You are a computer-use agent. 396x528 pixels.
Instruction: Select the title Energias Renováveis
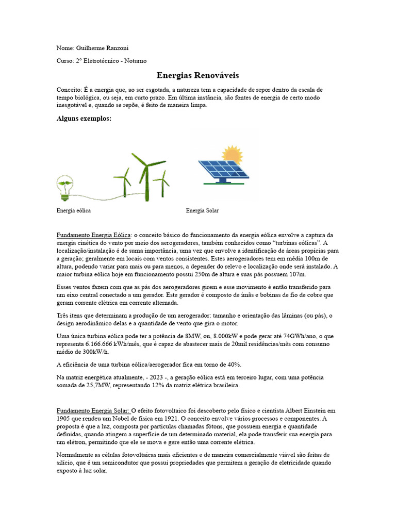[x=197, y=75]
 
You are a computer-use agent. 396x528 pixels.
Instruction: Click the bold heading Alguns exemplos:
[x=84, y=119]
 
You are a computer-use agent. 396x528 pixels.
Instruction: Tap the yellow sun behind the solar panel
[x=232, y=154]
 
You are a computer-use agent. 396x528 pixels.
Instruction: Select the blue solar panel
[x=223, y=169]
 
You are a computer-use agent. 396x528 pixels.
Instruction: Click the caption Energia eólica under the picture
[x=74, y=211]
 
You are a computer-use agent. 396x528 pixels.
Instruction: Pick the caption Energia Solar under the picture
[x=202, y=211]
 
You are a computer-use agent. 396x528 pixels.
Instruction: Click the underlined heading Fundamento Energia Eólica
[x=94, y=235]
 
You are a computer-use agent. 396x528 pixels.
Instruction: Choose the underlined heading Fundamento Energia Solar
[x=93, y=410]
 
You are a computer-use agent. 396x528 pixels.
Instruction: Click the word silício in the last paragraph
[x=65, y=463]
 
